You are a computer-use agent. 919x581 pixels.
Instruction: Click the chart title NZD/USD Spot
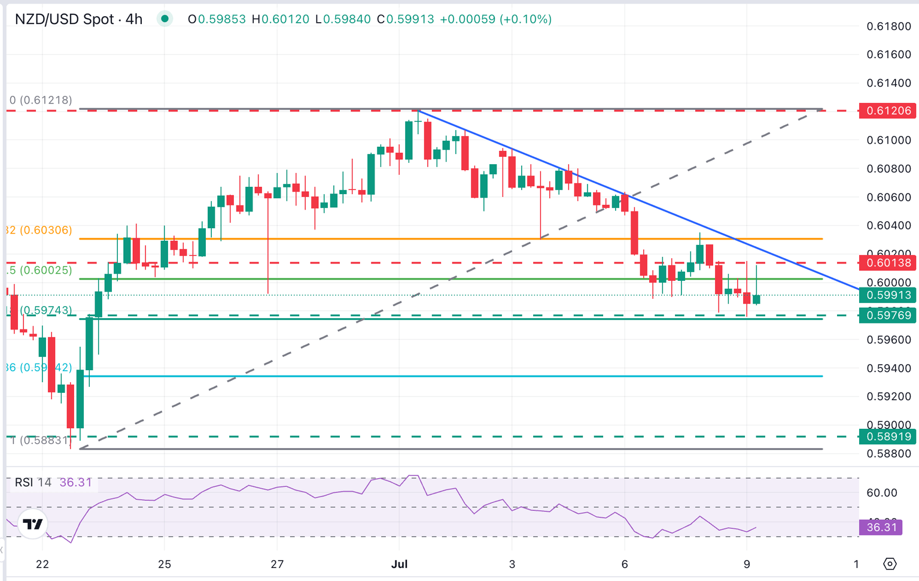click(64, 19)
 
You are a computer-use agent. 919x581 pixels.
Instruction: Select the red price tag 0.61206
click(887, 111)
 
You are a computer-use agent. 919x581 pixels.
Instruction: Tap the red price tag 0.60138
click(887, 262)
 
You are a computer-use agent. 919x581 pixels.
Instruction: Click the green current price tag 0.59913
click(887, 295)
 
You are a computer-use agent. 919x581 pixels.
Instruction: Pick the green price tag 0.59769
click(887, 315)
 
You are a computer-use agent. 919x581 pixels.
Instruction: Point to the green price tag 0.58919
click(887, 437)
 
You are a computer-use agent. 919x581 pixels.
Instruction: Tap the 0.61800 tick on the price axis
click(888, 26)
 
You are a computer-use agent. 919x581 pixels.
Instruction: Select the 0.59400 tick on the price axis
click(888, 368)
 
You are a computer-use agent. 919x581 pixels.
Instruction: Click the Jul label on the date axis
click(399, 564)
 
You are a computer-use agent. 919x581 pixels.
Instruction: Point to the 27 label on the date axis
click(277, 564)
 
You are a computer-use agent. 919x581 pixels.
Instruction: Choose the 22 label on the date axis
click(42, 564)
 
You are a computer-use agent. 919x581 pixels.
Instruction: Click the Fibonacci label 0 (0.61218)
click(41, 100)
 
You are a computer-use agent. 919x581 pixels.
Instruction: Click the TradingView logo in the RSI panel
click(33, 525)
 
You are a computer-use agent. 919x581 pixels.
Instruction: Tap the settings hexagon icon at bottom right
click(890, 564)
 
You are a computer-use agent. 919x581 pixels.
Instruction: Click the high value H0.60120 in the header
click(281, 19)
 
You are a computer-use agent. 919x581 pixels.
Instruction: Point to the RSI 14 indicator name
click(33, 482)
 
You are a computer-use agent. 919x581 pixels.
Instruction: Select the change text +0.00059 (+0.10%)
click(495, 19)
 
